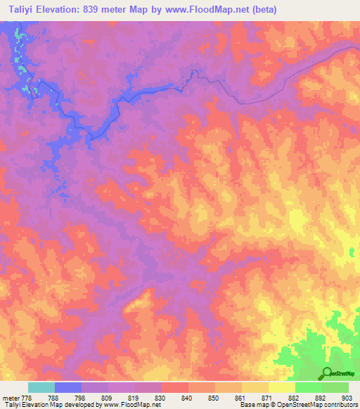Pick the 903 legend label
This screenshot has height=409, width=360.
click(347, 397)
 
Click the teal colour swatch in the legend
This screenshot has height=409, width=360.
click(41, 387)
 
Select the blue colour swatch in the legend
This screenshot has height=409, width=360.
click(68, 387)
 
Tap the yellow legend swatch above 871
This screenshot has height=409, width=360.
click(255, 387)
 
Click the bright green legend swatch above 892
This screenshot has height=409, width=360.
click(309, 387)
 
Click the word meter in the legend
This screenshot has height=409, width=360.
click(12, 397)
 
